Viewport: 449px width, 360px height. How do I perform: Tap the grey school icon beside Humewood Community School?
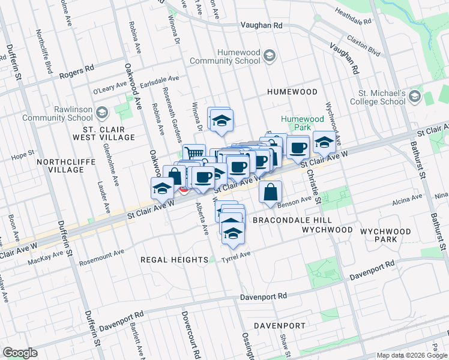[x=269, y=56]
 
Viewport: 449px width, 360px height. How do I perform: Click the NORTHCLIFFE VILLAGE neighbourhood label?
[x=61, y=166]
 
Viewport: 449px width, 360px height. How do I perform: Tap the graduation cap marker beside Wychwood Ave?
[x=324, y=142]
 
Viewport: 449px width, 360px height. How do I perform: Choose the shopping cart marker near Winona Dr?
[x=194, y=154]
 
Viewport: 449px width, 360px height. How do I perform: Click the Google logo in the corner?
[x=20, y=353]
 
